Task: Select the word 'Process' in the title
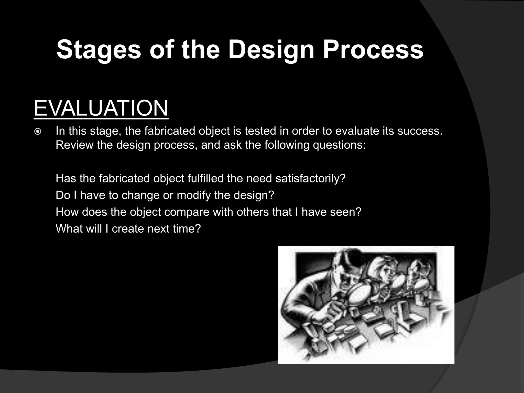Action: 373,50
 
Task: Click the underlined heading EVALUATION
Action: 101,108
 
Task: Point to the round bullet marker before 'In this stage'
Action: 38,132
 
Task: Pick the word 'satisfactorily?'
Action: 310,178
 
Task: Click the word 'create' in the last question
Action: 128,228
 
